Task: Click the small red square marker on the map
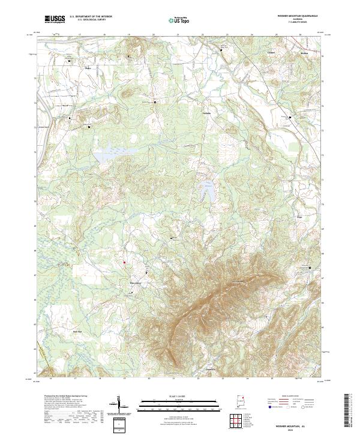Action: tap(124, 262)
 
